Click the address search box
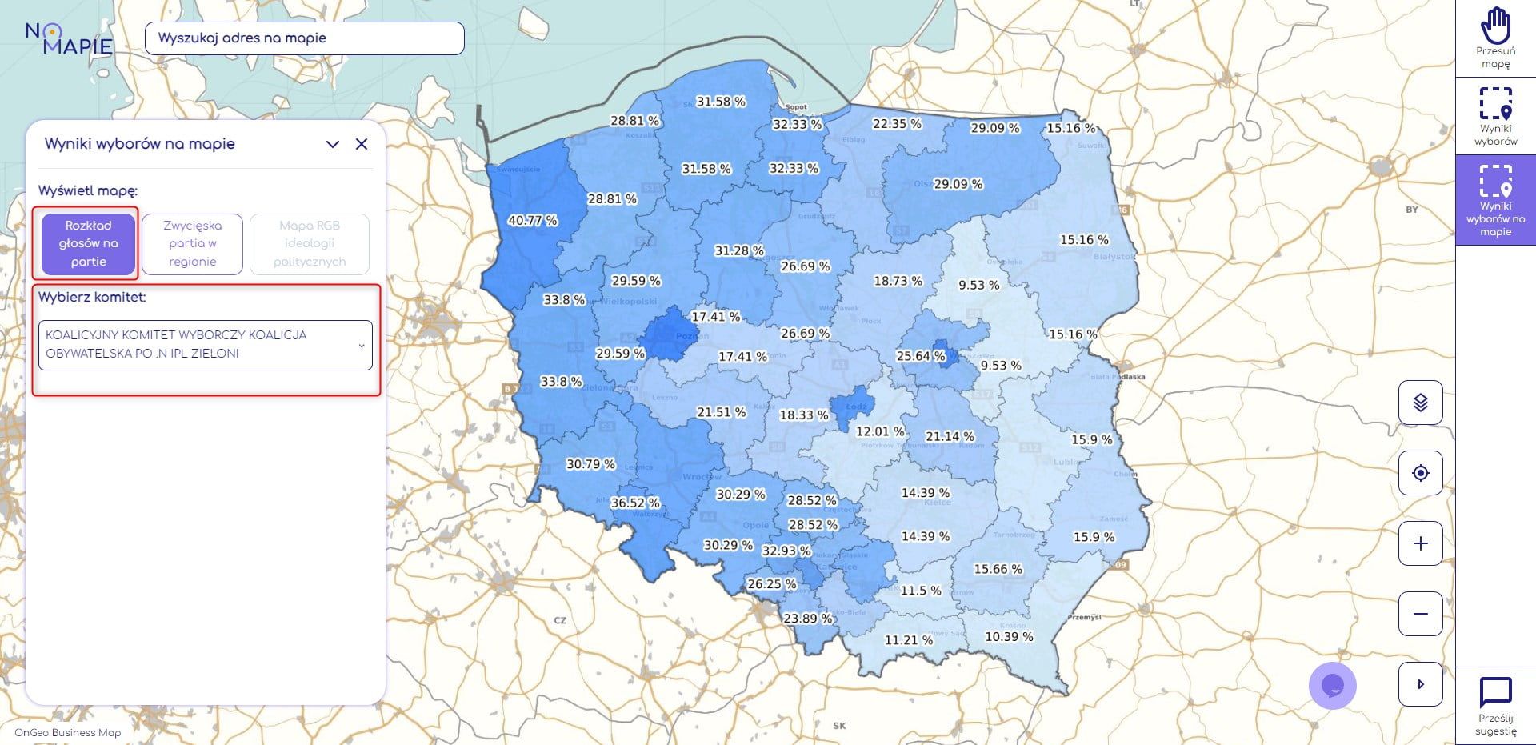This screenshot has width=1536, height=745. coord(304,38)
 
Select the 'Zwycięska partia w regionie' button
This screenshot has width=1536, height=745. coord(192,244)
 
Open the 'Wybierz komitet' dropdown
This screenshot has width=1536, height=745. coord(206,345)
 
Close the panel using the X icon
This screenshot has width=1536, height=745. coord(362,144)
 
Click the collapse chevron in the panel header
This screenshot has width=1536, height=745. coord(333,144)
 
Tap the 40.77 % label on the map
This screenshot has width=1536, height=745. coord(533,220)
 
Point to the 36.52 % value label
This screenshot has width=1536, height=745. coord(635,503)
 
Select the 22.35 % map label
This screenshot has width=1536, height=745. coord(897,123)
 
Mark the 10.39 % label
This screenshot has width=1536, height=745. coord(1009,636)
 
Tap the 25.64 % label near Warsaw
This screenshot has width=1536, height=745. coord(921,355)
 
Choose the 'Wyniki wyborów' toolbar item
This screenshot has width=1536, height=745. coord(1495,116)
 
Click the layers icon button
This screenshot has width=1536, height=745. coord(1420,403)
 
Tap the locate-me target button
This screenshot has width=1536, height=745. coord(1420,473)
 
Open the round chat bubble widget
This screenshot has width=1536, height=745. coord(1332,686)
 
